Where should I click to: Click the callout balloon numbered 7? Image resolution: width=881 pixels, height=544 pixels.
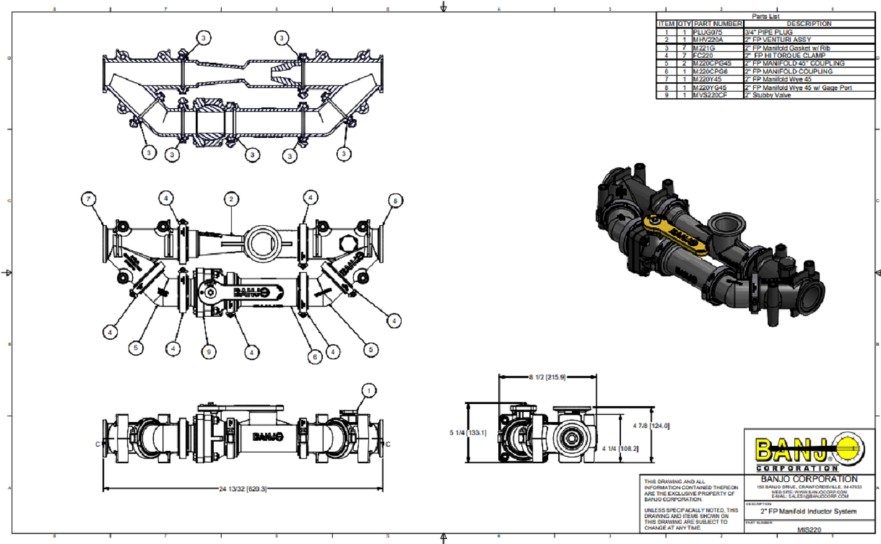[89, 198]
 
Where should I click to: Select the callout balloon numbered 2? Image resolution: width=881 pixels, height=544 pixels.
[231, 198]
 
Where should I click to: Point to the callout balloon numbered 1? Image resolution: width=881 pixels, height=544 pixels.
[369, 391]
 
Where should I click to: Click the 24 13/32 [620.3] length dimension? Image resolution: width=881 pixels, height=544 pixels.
[244, 490]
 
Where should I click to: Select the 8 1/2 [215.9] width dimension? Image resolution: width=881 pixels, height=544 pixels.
[547, 377]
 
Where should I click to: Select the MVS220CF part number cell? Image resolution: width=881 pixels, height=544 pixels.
[717, 95]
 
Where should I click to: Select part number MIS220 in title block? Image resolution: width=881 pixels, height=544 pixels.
[803, 530]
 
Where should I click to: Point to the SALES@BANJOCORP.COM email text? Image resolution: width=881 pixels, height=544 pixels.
[803, 496]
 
